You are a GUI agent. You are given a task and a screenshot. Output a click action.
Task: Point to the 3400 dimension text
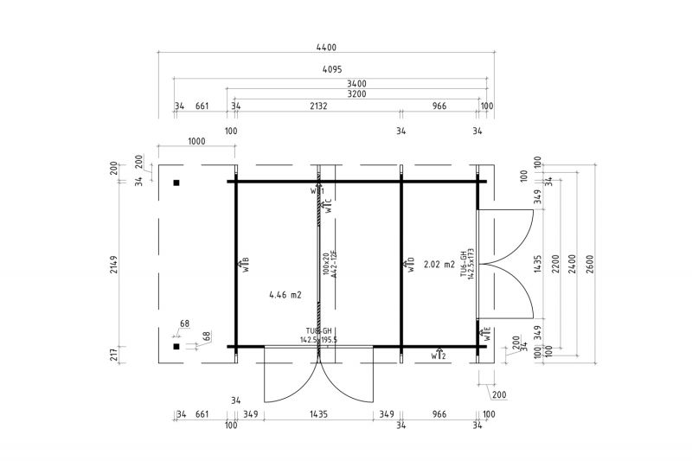pos(356,83)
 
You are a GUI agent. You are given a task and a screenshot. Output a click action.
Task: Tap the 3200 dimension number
pos(356,93)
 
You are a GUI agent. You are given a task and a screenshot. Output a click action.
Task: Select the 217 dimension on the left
pos(127,355)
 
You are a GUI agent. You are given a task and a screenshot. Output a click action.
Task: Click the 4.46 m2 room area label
pos(285,295)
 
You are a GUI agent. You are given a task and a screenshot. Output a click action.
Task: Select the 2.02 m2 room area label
pos(439,265)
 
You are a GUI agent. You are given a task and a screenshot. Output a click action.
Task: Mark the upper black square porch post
pos(176,182)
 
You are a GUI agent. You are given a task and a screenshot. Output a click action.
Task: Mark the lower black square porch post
pos(176,347)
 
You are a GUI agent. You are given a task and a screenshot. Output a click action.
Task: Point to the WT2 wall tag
pos(438,355)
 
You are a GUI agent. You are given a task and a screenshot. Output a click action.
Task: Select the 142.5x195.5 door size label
pos(319,340)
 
